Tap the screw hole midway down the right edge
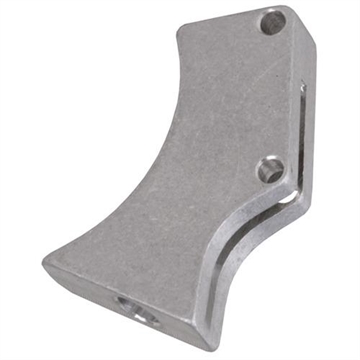click(268, 169)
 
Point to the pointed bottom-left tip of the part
click(47, 263)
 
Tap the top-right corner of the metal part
click(297, 12)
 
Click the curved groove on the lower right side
click(255, 250)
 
